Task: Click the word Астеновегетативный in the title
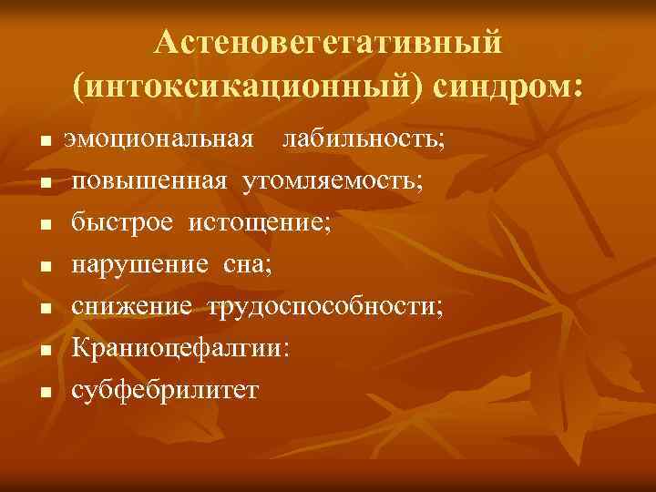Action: [328, 42]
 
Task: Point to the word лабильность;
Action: [364, 140]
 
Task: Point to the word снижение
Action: [132, 306]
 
